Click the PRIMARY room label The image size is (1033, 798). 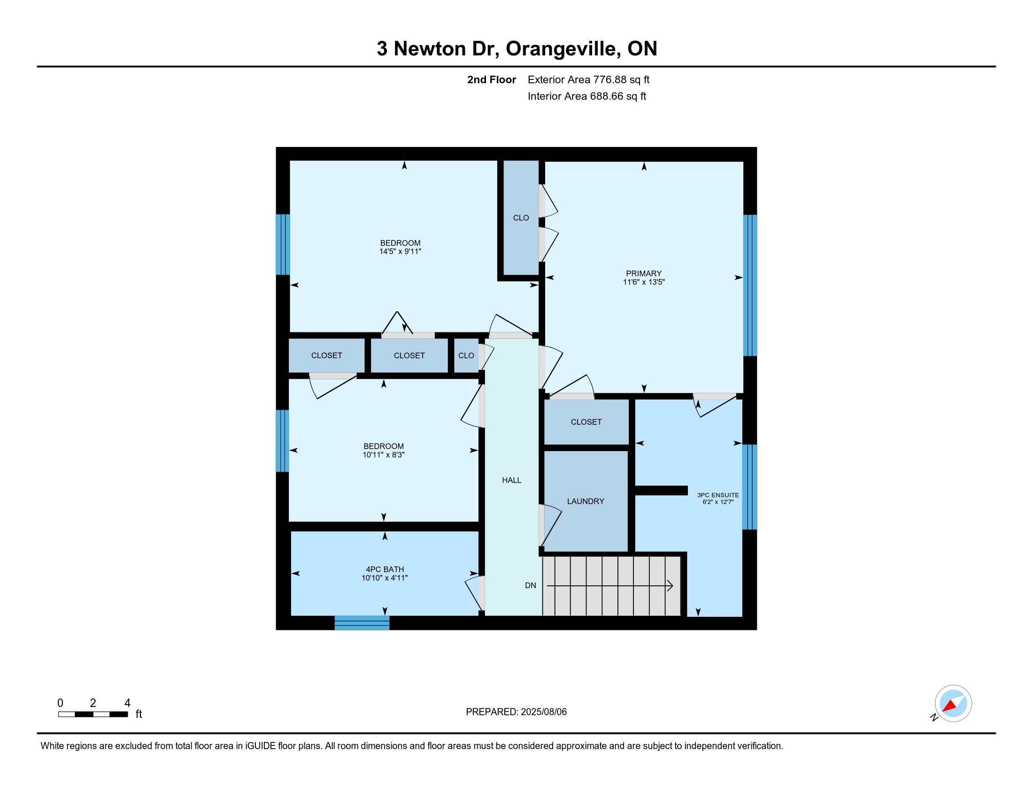[x=644, y=273]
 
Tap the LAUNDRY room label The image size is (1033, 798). [x=586, y=501]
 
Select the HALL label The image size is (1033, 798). [x=511, y=480]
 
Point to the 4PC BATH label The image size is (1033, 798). [x=385, y=569]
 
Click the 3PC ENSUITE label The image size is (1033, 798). [x=718, y=495]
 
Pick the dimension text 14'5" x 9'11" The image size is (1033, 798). [x=400, y=252]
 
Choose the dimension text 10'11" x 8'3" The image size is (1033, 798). [x=384, y=455]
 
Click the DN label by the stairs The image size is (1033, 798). [x=530, y=585]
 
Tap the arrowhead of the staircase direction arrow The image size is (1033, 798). [x=670, y=586]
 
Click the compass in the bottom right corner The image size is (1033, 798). [x=953, y=704]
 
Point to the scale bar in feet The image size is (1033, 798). [x=93, y=714]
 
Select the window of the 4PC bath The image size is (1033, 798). [x=362, y=622]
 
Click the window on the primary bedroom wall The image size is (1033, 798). [x=750, y=285]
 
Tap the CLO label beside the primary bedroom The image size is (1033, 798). [x=521, y=218]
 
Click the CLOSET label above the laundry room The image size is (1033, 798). [x=586, y=422]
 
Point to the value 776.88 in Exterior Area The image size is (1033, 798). [x=609, y=79]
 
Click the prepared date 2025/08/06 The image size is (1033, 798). [x=543, y=712]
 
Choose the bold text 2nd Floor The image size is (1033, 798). [x=492, y=79]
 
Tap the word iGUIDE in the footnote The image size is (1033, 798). [x=261, y=745]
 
